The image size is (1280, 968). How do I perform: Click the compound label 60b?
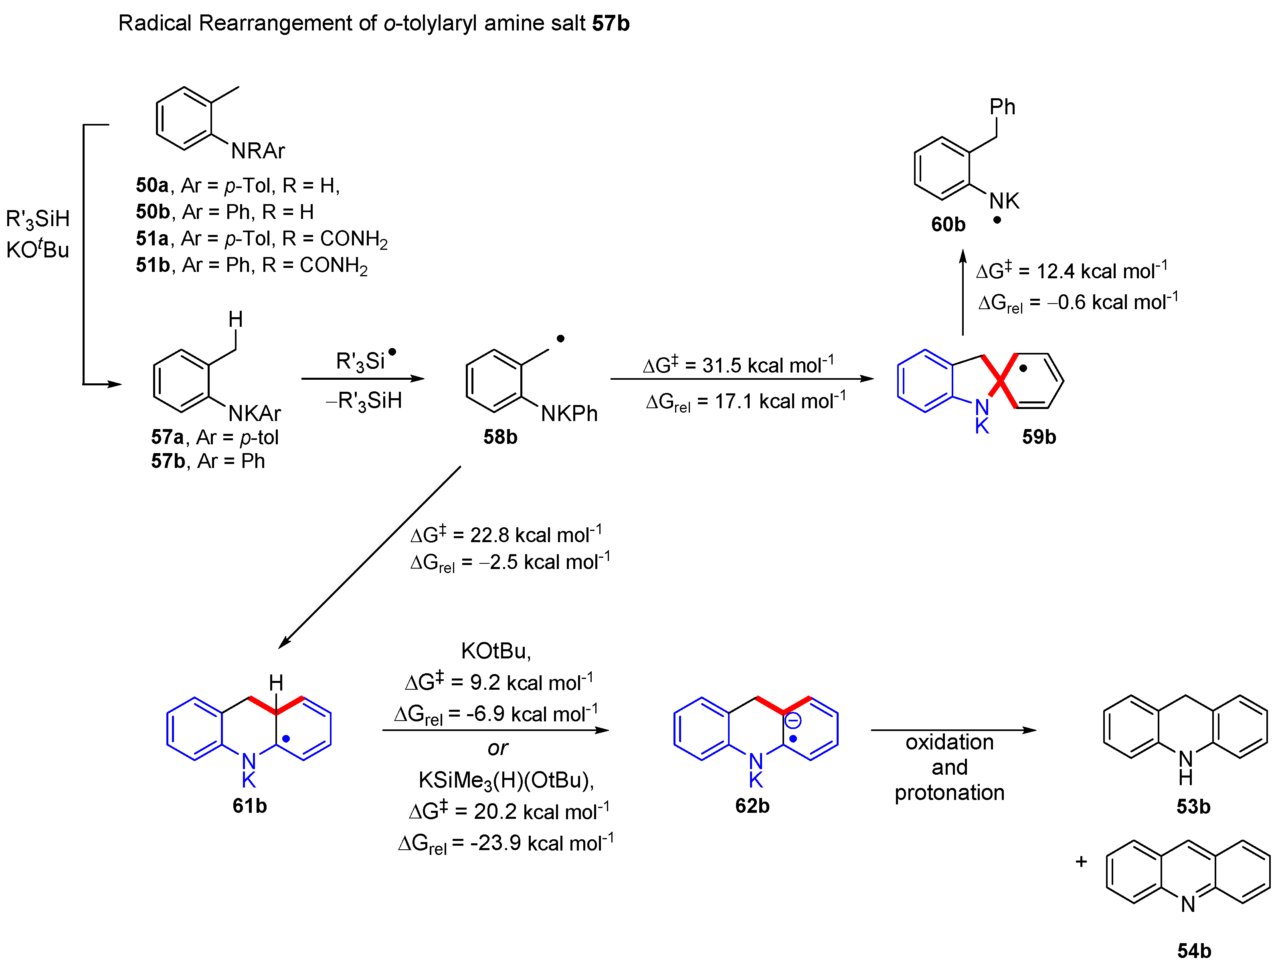(x=948, y=225)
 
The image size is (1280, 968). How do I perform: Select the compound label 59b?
(x=1039, y=437)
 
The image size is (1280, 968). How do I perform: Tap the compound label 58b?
(x=500, y=437)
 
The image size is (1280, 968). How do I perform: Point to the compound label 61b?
(x=249, y=806)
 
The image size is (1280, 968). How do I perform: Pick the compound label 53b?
(x=1193, y=806)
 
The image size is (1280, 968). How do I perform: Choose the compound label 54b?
(x=1194, y=951)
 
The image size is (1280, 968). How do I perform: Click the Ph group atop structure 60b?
(x=1002, y=107)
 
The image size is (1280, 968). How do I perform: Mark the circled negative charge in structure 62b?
(x=792, y=721)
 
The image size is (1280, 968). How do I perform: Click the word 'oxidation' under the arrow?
(x=949, y=742)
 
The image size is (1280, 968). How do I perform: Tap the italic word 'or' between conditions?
(x=497, y=748)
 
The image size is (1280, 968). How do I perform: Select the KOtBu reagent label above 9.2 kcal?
(x=495, y=651)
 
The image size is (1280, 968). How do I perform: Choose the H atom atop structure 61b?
(x=276, y=683)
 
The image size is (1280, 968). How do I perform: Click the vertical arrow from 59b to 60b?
(x=963, y=292)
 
